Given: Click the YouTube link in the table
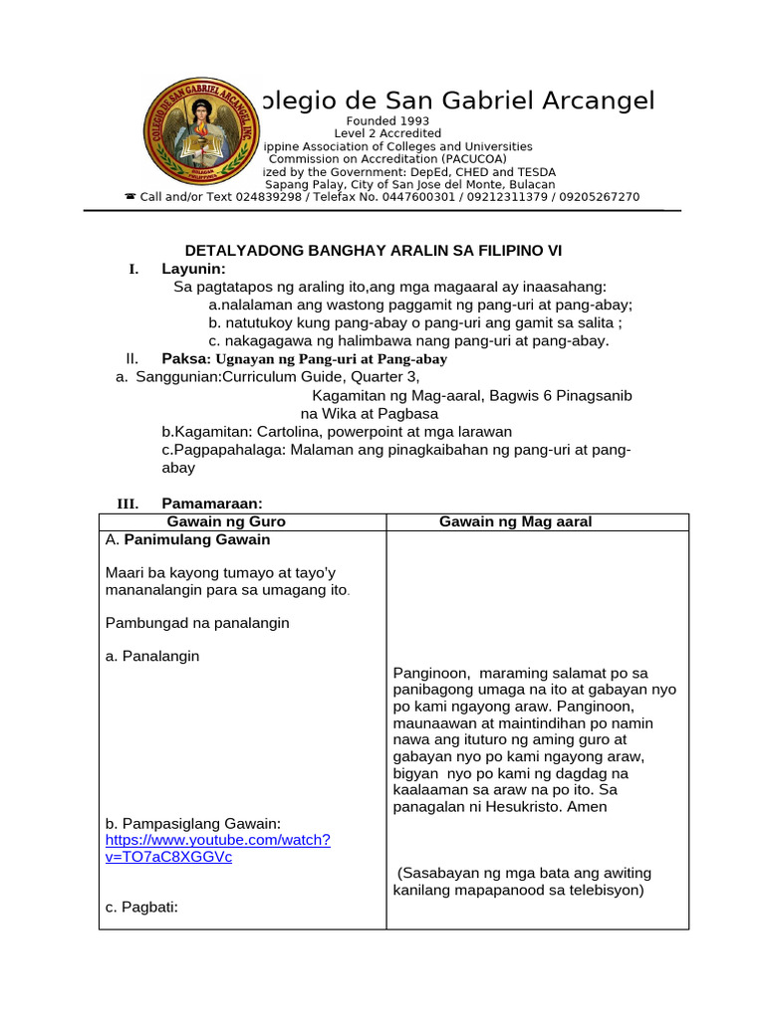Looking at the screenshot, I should pyautogui.click(x=217, y=848).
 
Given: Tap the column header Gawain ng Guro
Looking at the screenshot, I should pyautogui.click(x=226, y=521).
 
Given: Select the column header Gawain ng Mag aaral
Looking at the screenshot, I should pyautogui.click(x=515, y=521).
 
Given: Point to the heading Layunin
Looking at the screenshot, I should pyautogui.click(x=193, y=269).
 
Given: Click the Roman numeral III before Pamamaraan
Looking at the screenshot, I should pyautogui.click(x=127, y=504).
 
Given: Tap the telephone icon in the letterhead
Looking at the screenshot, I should pyautogui.click(x=129, y=197).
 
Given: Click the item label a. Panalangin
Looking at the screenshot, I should pyautogui.click(x=152, y=656).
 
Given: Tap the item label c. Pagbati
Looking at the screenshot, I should pyautogui.click(x=140, y=907).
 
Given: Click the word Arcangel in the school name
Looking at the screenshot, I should pyautogui.click(x=601, y=101).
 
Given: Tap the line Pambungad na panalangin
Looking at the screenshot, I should pyautogui.click(x=196, y=623).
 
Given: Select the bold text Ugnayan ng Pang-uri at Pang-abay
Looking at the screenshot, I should pyautogui.click(x=332, y=358).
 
